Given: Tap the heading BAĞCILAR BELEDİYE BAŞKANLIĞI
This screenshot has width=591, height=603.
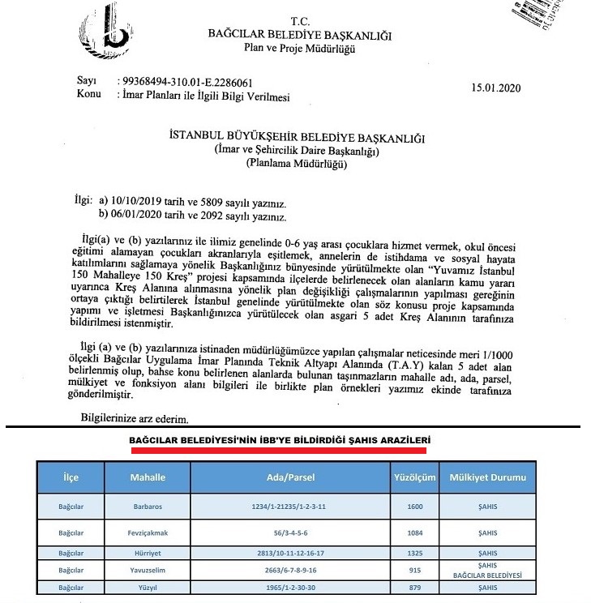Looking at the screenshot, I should coord(300,35).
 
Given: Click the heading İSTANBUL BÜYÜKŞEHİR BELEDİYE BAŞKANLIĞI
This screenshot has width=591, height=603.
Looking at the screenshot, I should coord(296,138).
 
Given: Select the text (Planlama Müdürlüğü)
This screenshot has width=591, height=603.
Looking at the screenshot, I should coord(296,164).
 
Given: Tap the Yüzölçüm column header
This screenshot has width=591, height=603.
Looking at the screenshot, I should coord(411,477).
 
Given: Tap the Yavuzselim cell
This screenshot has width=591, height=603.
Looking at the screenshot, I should coord(148,570).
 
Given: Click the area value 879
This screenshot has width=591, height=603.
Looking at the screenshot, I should coord(411,586).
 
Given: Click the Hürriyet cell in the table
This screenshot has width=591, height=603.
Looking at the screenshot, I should coord(148,553).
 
